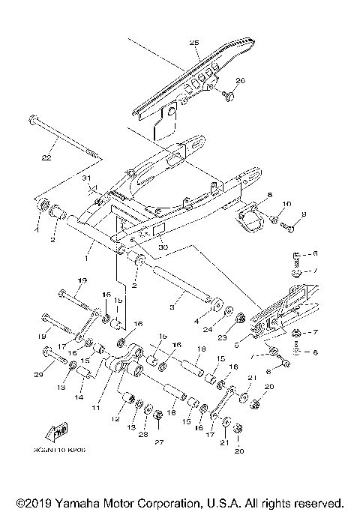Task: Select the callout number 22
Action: pyautogui.click(x=46, y=158)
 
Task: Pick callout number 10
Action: pyautogui.click(x=286, y=204)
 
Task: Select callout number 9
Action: pyautogui.click(x=304, y=215)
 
